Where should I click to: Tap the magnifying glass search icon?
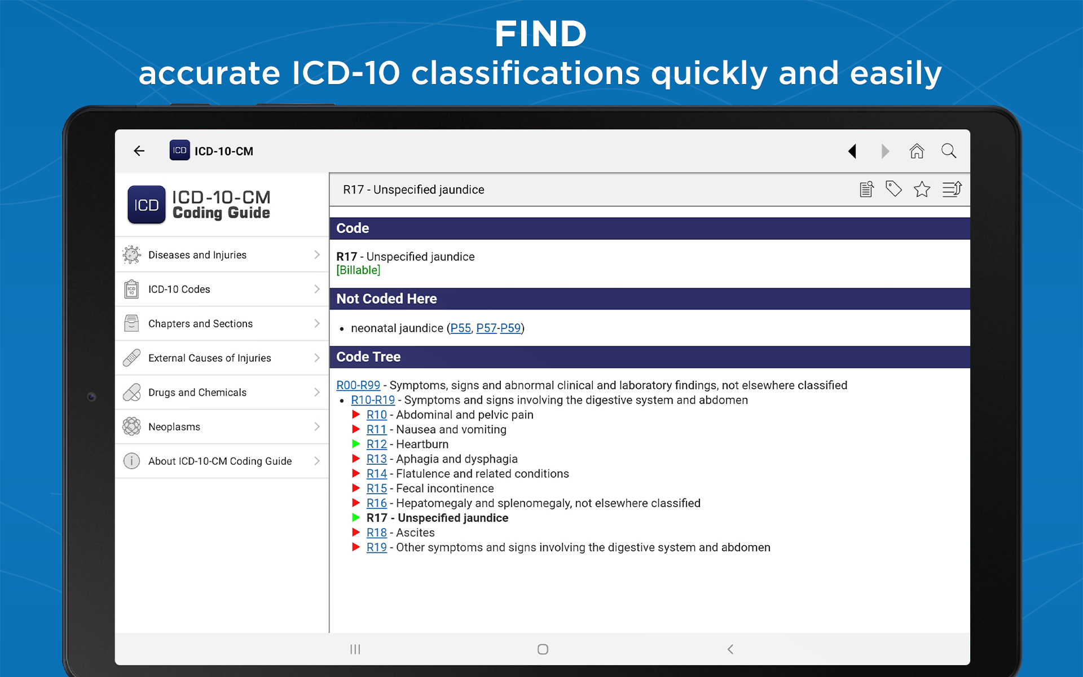pyautogui.click(x=949, y=151)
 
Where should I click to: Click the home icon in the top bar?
pyautogui.click(x=917, y=151)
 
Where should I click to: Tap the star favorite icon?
pyautogui.click(x=922, y=189)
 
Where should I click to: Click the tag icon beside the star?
pyautogui.click(x=893, y=189)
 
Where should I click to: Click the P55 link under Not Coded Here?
pyautogui.click(x=460, y=328)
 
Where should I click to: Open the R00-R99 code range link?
pyautogui.click(x=358, y=385)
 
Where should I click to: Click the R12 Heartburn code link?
pyautogui.click(x=377, y=445)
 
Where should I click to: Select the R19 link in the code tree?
pyautogui.click(x=377, y=547)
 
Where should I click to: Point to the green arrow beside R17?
pyautogui.click(x=356, y=517)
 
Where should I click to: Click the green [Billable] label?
pyautogui.click(x=358, y=270)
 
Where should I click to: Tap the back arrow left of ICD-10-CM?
pyautogui.click(x=139, y=151)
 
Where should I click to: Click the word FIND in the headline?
pyautogui.click(x=541, y=34)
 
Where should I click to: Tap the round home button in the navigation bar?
pyautogui.click(x=543, y=649)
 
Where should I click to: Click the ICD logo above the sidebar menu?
pyautogui.click(x=147, y=205)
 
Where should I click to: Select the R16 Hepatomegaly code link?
pyautogui.click(x=377, y=503)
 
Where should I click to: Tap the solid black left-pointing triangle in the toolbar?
pyautogui.click(x=852, y=151)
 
